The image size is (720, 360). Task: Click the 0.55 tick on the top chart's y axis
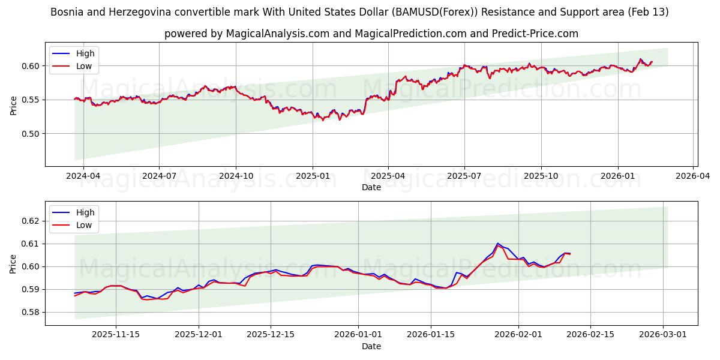tap(31, 100)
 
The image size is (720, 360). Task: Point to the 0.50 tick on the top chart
tap(31, 134)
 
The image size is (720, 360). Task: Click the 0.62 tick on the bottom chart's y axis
tap(31, 221)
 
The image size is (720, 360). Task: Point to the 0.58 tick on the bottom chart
tap(31, 312)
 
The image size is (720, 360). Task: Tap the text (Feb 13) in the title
tap(649, 12)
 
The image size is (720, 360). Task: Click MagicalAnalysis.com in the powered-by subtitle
tap(277, 34)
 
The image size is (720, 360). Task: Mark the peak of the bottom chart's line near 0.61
tap(498, 244)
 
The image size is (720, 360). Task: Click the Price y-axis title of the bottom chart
tap(13, 263)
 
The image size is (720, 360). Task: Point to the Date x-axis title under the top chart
tap(371, 187)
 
